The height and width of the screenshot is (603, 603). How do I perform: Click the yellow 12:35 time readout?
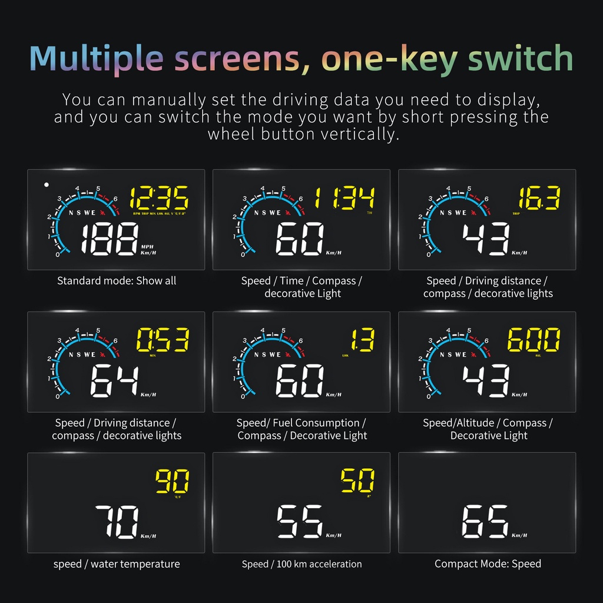click(159, 198)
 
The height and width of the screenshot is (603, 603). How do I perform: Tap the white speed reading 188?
click(107, 240)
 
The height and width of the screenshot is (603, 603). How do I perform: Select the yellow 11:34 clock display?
click(344, 198)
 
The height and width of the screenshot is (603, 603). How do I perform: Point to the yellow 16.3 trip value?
click(539, 199)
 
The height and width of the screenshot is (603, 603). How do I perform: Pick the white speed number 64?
click(114, 382)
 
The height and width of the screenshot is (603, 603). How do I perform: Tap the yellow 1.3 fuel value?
click(363, 340)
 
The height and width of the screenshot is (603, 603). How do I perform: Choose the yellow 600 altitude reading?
click(534, 340)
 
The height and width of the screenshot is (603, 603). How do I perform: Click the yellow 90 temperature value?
click(172, 482)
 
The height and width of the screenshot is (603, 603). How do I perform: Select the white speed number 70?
click(117, 522)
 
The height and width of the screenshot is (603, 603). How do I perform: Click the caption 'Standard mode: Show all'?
click(117, 281)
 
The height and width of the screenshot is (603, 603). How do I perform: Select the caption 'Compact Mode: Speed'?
click(488, 564)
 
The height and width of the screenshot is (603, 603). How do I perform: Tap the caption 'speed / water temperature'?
click(117, 564)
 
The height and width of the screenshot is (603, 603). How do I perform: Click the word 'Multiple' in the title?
click(96, 58)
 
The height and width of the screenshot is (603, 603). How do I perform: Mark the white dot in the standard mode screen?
click(46, 184)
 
